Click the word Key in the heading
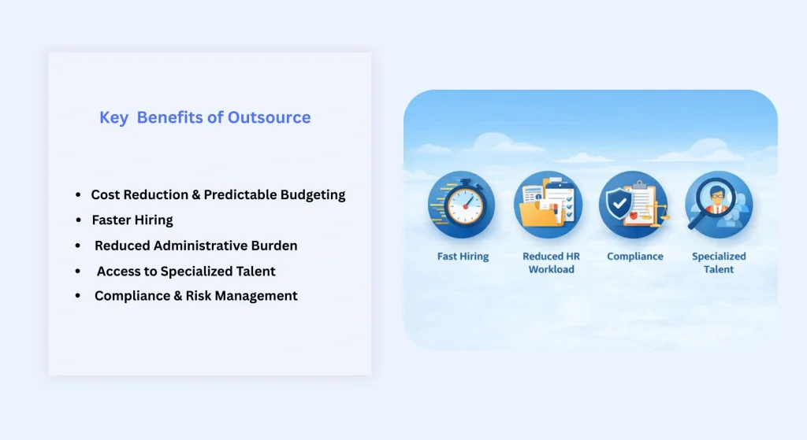point(113,118)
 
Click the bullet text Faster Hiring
point(132,220)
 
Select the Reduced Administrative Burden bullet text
point(195,246)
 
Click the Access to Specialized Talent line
point(186,271)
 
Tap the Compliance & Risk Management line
point(195,296)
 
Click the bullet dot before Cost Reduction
point(78,194)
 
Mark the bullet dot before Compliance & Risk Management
point(78,296)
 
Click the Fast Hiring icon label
point(463,257)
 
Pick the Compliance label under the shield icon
point(634,257)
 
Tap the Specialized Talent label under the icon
point(719,263)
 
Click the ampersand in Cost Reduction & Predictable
point(195,194)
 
